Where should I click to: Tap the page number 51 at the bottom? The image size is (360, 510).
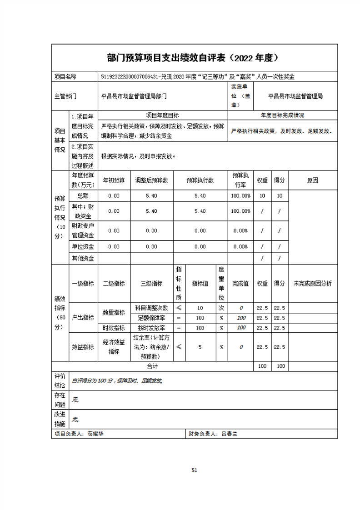click(x=195, y=470)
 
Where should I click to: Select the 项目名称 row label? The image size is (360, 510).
click(x=65, y=77)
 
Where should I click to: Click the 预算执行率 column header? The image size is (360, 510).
click(x=240, y=180)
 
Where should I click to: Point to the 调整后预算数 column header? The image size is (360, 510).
click(x=152, y=180)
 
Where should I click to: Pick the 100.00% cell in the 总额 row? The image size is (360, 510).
click(x=240, y=196)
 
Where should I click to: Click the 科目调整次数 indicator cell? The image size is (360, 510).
click(x=152, y=308)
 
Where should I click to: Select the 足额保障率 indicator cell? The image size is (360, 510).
click(x=152, y=318)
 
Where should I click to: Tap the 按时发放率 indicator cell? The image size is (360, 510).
click(x=152, y=328)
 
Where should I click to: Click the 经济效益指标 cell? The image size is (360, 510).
click(x=114, y=347)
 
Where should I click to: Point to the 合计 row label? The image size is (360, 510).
click(x=152, y=366)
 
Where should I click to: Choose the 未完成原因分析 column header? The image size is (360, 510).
click(x=313, y=283)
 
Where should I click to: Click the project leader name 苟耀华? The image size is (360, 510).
click(x=95, y=434)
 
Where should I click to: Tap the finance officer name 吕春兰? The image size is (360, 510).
click(x=230, y=434)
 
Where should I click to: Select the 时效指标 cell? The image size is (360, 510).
click(x=114, y=328)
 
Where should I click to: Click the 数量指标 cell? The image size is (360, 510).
click(x=114, y=313)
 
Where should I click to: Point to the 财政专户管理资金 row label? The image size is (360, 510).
click(x=83, y=230)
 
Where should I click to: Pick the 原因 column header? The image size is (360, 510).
click(x=313, y=180)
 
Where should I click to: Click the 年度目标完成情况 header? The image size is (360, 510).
click(x=282, y=115)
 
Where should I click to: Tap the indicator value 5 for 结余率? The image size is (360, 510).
click(x=200, y=347)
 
